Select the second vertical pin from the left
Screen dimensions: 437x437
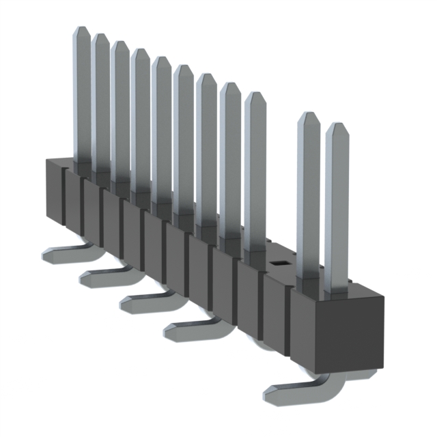(101, 102)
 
